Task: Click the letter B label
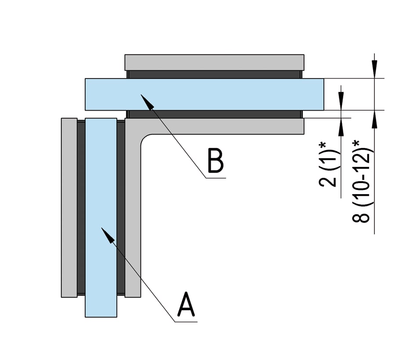point(216,161)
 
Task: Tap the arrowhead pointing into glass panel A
point(109,236)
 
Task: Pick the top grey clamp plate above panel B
point(214,62)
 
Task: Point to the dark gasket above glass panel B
point(214,74)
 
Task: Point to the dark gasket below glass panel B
point(214,114)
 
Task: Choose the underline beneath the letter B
point(216,178)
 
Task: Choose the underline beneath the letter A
point(186,322)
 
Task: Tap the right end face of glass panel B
point(323,94)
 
